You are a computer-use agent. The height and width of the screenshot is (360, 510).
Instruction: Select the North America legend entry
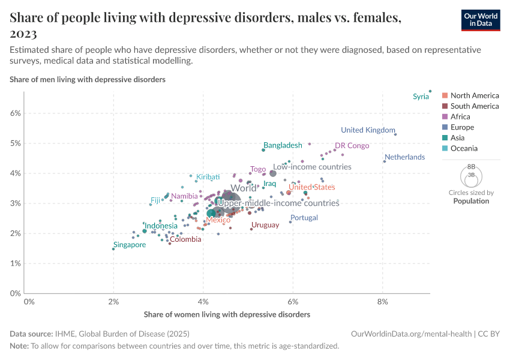click(474, 95)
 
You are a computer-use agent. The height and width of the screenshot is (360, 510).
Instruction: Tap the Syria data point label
click(421, 97)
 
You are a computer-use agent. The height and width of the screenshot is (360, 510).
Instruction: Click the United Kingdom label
click(368, 130)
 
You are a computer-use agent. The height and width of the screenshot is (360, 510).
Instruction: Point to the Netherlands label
click(404, 157)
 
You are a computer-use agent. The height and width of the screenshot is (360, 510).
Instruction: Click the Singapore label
click(129, 245)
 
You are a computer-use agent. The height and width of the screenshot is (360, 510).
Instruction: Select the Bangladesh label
click(283, 146)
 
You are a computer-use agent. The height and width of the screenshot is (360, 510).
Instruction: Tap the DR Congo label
click(352, 146)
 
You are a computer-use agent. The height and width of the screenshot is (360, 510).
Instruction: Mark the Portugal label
click(304, 218)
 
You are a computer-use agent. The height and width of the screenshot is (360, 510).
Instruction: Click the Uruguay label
click(265, 225)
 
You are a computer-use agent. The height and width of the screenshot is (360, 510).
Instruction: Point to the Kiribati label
click(208, 177)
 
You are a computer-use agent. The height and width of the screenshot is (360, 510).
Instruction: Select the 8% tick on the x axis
click(383, 301)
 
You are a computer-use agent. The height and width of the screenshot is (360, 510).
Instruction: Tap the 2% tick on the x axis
click(113, 301)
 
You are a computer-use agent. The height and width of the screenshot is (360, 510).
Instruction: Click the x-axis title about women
click(227, 314)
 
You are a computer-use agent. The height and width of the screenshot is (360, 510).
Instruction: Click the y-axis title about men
click(88, 79)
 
